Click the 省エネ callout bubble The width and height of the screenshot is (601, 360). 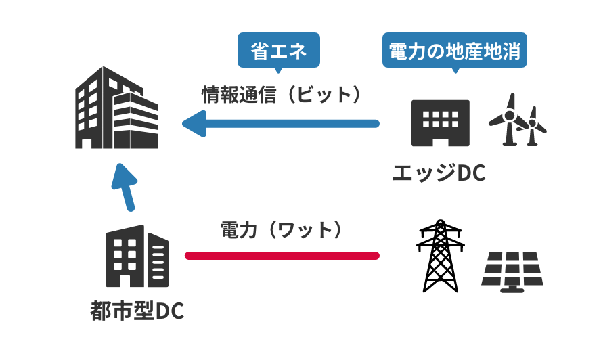[x=278, y=51]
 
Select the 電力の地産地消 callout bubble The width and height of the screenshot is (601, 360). [x=454, y=51]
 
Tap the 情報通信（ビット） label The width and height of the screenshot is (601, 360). [x=280, y=94]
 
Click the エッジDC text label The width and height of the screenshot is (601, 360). [x=439, y=173]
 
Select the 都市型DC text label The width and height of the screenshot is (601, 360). [x=137, y=311]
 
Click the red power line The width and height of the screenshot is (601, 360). [x=282, y=256]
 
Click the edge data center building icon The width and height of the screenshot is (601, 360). [x=441, y=122]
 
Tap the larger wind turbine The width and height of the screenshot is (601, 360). [x=508, y=120]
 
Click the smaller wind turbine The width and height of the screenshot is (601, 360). [x=534, y=126]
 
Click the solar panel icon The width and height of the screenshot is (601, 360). [x=512, y=269]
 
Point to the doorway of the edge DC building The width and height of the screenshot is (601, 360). [x=441, y=138]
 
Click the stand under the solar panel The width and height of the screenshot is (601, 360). [x=512, y=288]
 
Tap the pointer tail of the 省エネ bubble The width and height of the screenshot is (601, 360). [x=278, y=69]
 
